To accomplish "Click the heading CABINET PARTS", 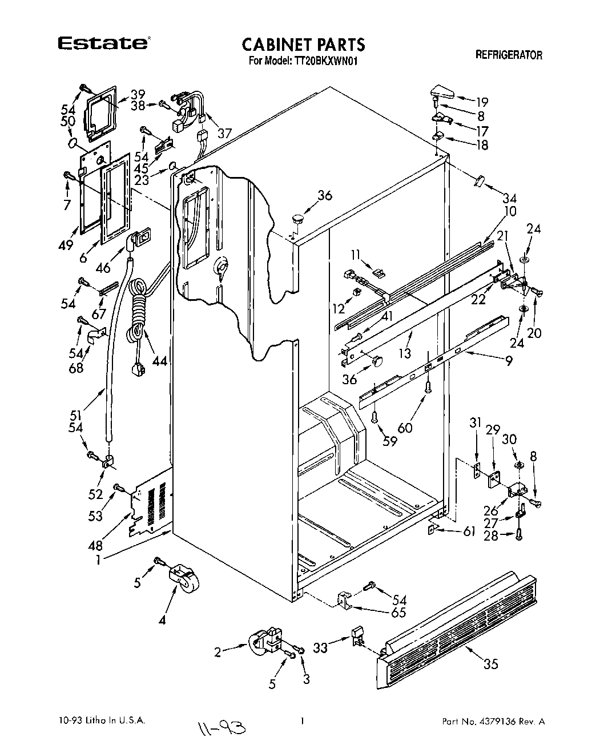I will coord(303,44).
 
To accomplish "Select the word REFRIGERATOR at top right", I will coord(509,55).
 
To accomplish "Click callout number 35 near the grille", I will coord(490,663).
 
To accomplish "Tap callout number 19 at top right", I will coord(482,103).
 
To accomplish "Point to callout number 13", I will coord(405,353).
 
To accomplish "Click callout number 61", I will coord(469,532).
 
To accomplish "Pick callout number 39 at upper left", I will coord(138,94).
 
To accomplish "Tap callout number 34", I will coord(509,199).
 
